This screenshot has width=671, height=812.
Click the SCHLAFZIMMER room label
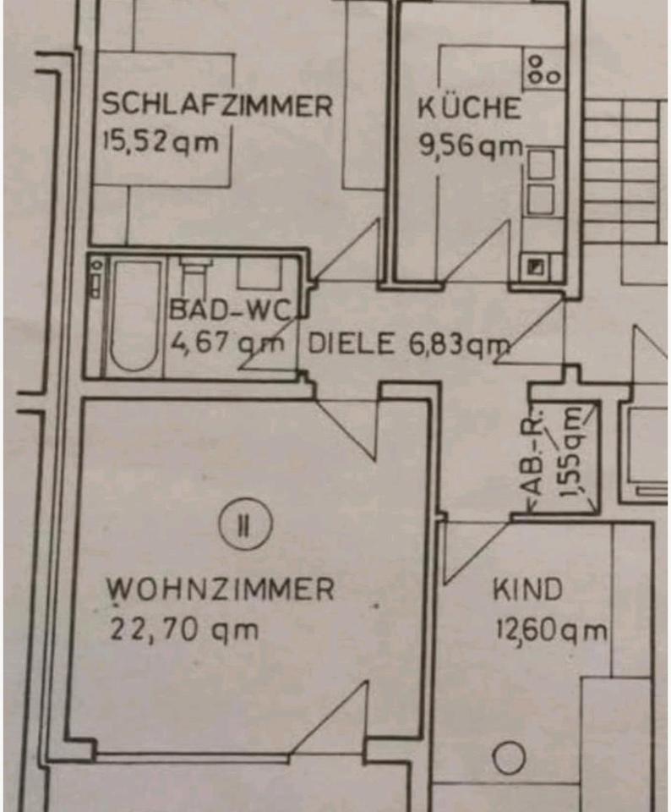tap(216, 106)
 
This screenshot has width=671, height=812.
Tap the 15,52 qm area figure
tap(160, 140)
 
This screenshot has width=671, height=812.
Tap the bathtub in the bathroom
tap(134, 315)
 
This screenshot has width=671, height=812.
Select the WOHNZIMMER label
tap(221, 589)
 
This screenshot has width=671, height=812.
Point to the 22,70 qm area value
tap(183, 629)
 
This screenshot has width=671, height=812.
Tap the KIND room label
tap(527, 589)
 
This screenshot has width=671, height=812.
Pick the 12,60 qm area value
tap(550, 630)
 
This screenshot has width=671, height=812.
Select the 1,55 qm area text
tap(573, 455)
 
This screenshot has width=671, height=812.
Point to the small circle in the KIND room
tap(509, 758)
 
